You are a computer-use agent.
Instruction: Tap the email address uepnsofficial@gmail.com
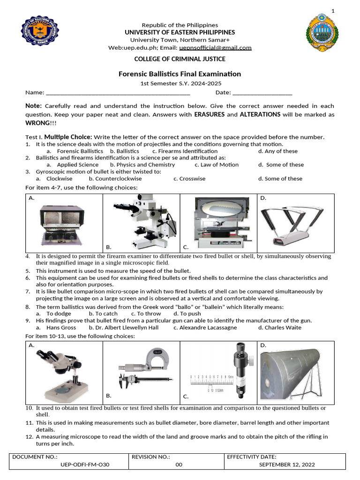pyautogui.click(x=216, y=47)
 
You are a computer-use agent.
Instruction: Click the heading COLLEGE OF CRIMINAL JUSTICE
pyautogui.click(x=180, y=59)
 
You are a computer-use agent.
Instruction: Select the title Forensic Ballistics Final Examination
pyautogui.click(x=180, y=74)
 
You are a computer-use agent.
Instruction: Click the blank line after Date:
pyautogui.click(x=262, y=92)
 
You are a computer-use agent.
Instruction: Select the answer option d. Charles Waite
pyautogui.click(x=280, y=328)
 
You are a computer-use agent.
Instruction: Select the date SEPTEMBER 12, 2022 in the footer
pyautogui.click(x=287, y=465)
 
